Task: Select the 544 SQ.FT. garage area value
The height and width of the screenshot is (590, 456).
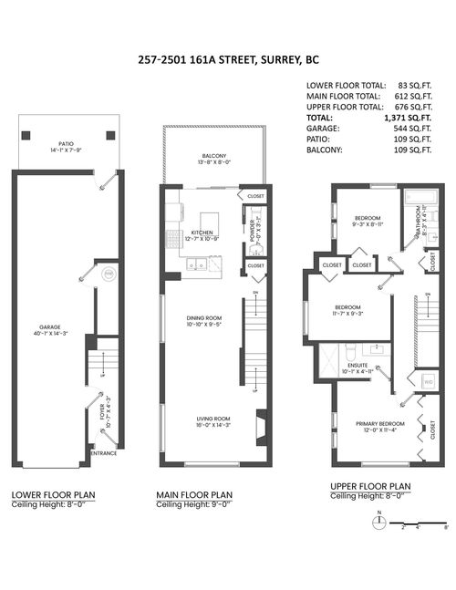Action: click(411, 129)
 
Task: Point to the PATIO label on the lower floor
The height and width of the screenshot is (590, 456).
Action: click(66, 143)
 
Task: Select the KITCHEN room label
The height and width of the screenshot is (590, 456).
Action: click(202, 233)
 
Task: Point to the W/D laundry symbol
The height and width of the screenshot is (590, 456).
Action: click(427, 382)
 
